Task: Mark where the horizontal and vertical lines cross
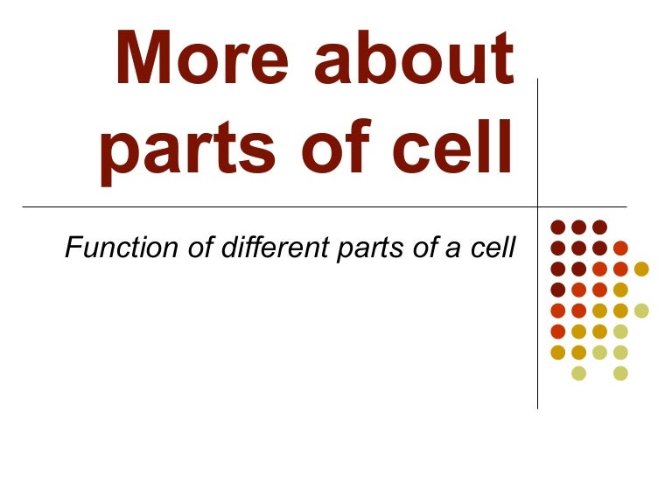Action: point(537,207)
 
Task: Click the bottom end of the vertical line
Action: point(537,408)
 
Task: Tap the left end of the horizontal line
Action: point(24,207)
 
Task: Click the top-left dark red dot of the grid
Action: point(557,227)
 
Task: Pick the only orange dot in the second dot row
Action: point(620,248)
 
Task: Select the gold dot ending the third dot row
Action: point(641,269)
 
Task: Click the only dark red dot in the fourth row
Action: point(557,290)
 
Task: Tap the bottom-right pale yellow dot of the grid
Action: point(620,374)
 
